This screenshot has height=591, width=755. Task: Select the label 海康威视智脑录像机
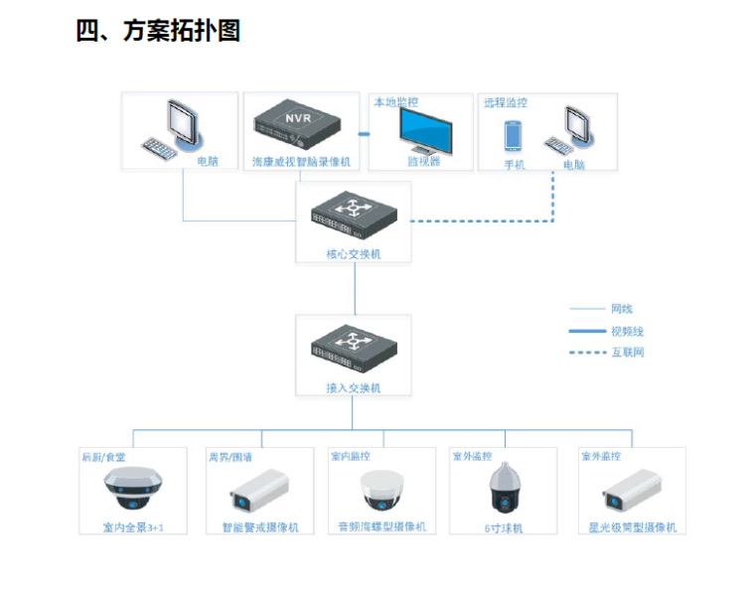(301, 161)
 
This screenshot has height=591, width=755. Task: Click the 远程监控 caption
(505, 102)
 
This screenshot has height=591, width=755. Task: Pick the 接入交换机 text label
(354, 388)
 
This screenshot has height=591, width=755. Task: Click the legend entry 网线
(622, 309)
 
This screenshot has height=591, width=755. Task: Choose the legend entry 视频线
(626, 331)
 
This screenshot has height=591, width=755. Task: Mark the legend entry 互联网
(626, 353)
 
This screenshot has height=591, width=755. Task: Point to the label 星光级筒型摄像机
(632, 527)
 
